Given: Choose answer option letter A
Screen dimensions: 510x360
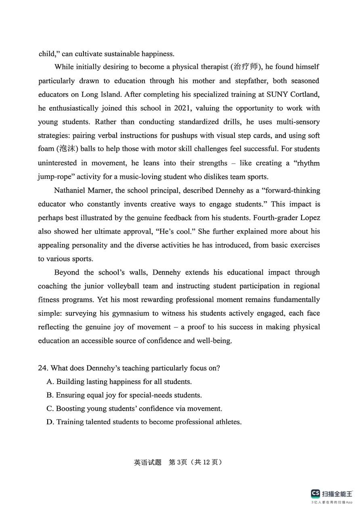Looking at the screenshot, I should (50, 382).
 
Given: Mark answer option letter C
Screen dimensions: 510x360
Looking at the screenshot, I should (50, 409).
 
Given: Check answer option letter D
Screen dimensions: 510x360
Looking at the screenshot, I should (50, 422).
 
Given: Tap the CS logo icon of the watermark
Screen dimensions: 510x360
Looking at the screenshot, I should (315, 493).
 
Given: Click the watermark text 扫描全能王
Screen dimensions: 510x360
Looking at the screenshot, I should (337, 493).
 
